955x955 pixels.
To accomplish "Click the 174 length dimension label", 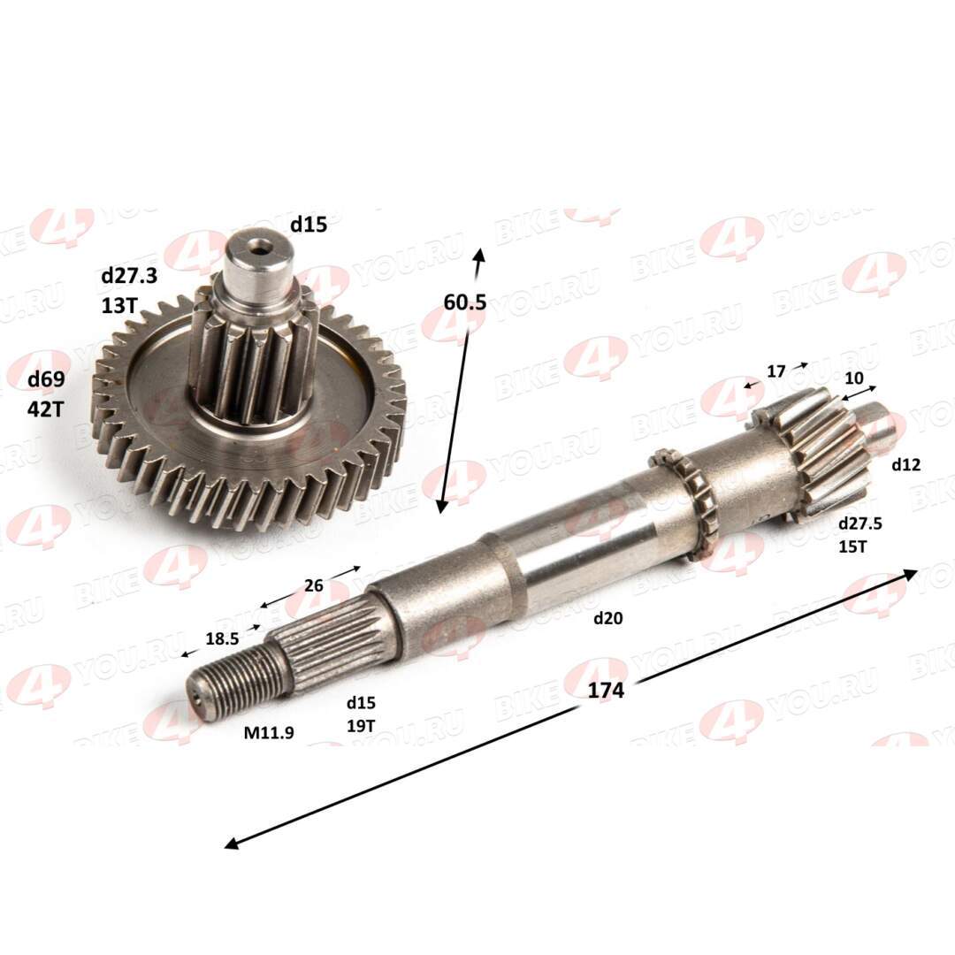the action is [606, 690].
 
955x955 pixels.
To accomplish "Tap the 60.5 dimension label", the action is [465, 302].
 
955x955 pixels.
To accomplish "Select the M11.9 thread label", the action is [269, 733].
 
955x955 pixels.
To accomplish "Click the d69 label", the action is [46, 380].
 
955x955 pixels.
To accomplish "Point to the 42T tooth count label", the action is [45, 409].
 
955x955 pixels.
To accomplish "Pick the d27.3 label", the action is [129, 276].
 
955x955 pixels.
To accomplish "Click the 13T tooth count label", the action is [119, 305].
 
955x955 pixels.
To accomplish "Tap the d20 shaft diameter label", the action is [607, 618].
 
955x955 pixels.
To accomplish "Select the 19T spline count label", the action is [361, 726].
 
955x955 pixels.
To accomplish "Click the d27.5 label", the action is [860, 523].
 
